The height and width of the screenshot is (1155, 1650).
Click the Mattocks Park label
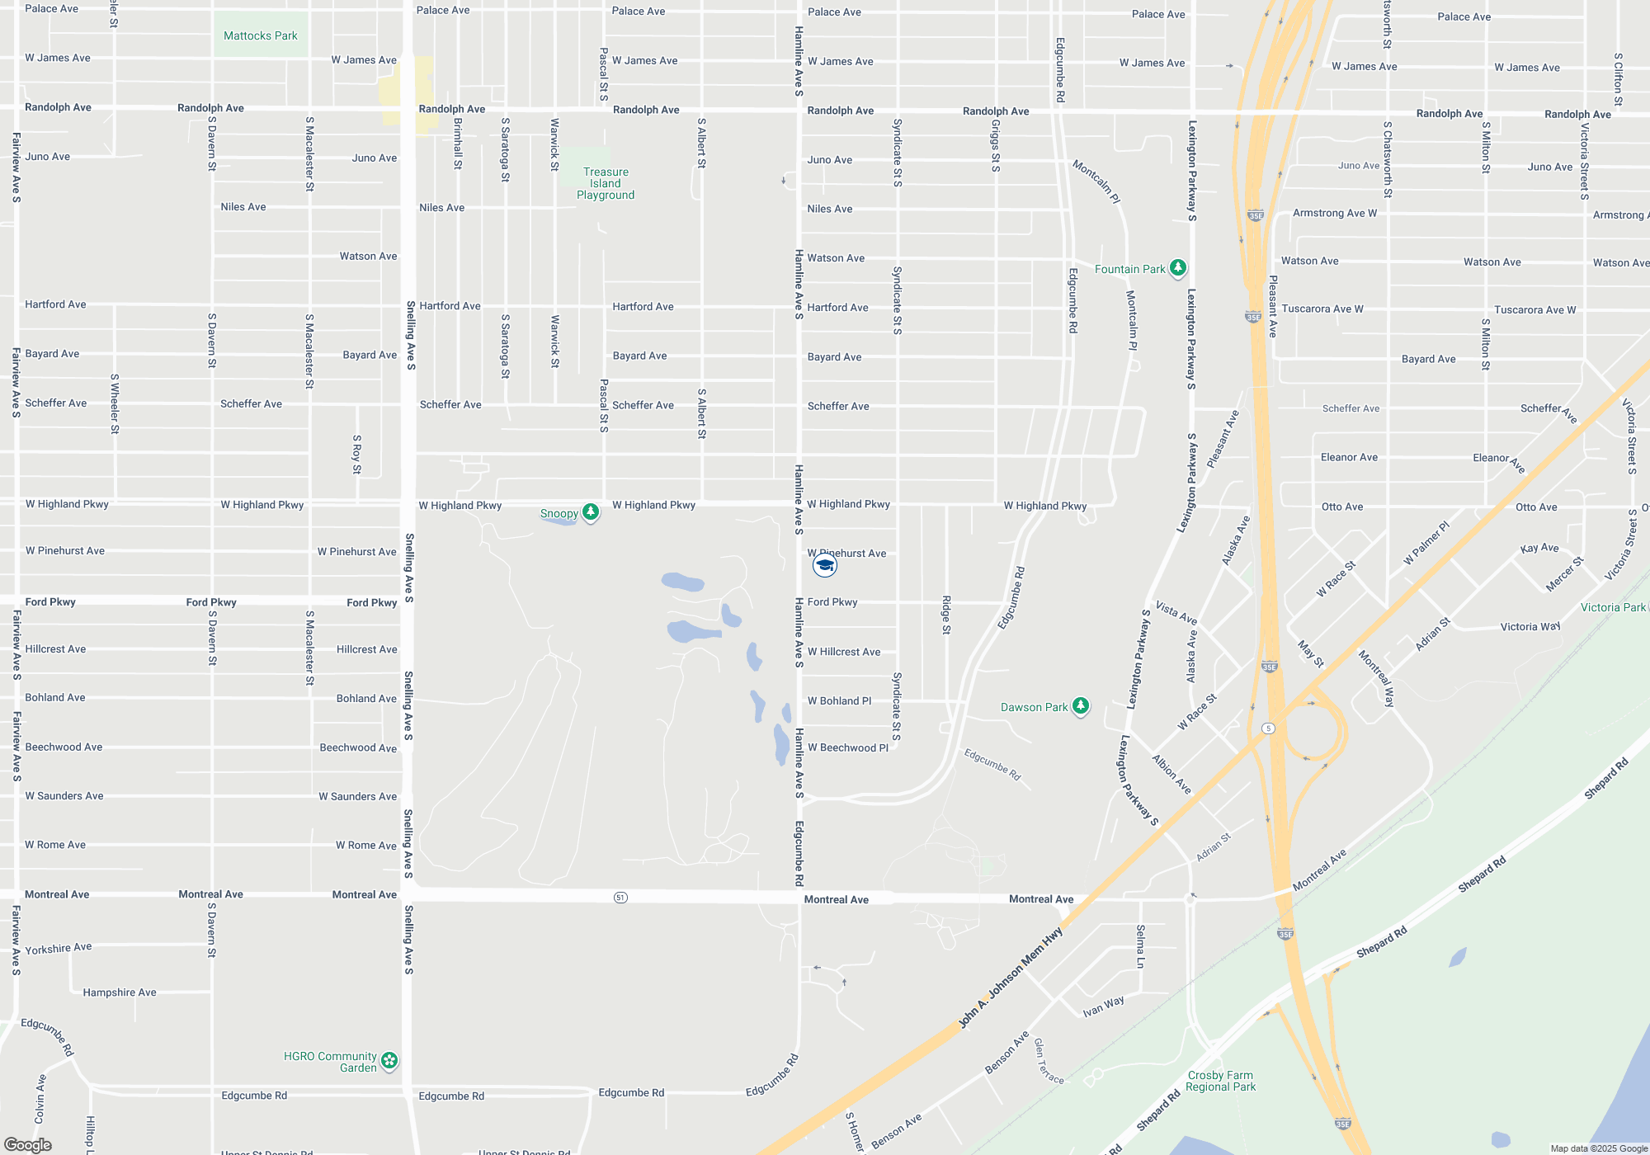click(x=261, y=35)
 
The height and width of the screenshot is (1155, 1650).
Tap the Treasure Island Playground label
click(x=606, y=183)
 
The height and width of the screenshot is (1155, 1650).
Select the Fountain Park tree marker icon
click(x=1178, y=267)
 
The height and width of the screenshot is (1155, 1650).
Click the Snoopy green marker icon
click(x=591, y=511)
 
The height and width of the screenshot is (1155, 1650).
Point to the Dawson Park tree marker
click(x=1080, y=705)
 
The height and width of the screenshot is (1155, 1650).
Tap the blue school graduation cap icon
click(x=825, y=565)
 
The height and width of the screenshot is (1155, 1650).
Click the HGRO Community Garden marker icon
click(x=389, y=1060)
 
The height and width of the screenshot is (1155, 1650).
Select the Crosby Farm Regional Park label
click(x=1220, y=1081)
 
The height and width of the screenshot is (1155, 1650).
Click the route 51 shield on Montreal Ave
click(x=620, y=897)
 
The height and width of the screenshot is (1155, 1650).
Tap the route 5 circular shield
click(x=1269, y=728)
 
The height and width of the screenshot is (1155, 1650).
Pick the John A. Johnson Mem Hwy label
click(x=1010, y=978)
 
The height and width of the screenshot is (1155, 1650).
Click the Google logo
click(x=28, y=1144)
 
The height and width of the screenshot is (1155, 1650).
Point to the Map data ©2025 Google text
click(x=1599, y=1148)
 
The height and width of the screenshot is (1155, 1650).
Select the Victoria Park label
click(x=1613, y=607)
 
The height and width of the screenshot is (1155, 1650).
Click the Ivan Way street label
click(x=1103, y=1006)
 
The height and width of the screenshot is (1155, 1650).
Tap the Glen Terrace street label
click(x=1049, y=1061)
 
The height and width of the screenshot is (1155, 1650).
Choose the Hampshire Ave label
click(x=120, y=992)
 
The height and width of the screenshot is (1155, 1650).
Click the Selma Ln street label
click(x=1140, y=946)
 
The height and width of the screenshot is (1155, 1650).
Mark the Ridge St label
click(x=946, y=615)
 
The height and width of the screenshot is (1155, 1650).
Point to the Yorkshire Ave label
click(x=59, y=949)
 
